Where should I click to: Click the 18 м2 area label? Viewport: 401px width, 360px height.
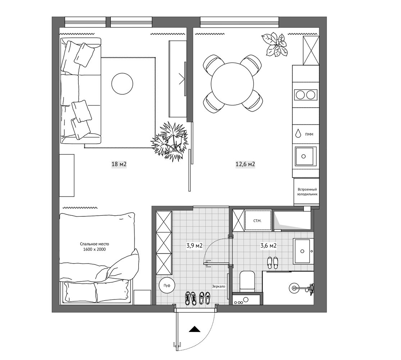tap(119, 164)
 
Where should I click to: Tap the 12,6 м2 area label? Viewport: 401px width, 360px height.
tap(245, 164)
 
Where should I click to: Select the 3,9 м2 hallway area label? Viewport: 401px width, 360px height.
tap(195, 246)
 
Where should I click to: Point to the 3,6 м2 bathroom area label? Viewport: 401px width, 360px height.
tap(268, 246)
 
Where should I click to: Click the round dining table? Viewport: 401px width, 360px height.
tap(232, 84)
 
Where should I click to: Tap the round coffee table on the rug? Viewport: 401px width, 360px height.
tap(122, 84)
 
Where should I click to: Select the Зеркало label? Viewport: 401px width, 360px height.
tap(219, 286)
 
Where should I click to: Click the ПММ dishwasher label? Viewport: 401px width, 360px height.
tap(309, 134)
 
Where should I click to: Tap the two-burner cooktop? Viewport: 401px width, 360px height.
tap(306, 95)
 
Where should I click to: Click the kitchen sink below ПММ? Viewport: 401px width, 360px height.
tap(306, 156)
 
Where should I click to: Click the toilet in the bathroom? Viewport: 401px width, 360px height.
tap(247, 281)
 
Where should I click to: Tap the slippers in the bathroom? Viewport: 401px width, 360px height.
tap(273, 263)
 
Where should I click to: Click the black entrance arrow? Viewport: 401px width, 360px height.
tap(195, 329)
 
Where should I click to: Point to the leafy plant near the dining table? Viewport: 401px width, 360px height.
tap(275, 44)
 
